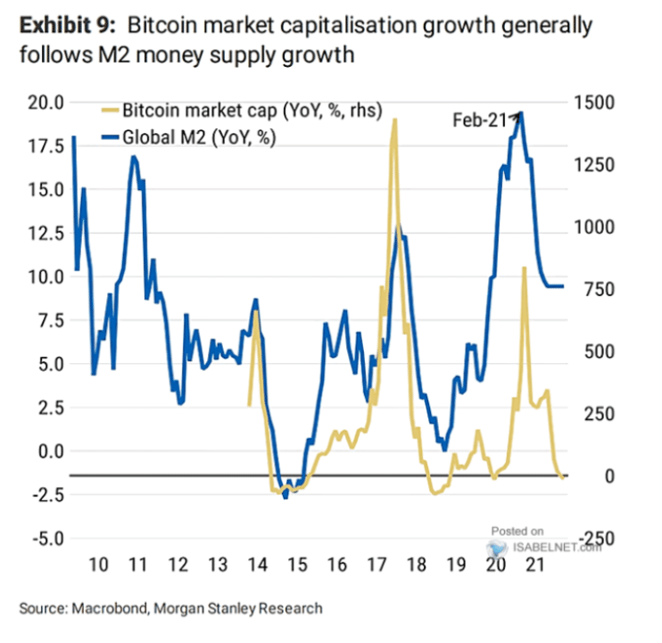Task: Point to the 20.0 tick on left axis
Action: click(x=43, y=103)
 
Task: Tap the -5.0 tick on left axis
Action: click(x=43, y=538)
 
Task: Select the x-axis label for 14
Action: click(x=257, y=565)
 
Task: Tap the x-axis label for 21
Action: click(x=534, y=565)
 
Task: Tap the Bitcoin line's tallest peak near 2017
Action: click(x=393, y=120)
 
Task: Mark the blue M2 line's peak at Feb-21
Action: click(x=521, y=112)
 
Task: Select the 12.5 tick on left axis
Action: click(x=43, y=233)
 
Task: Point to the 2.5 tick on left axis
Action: click(x=46, y=407)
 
